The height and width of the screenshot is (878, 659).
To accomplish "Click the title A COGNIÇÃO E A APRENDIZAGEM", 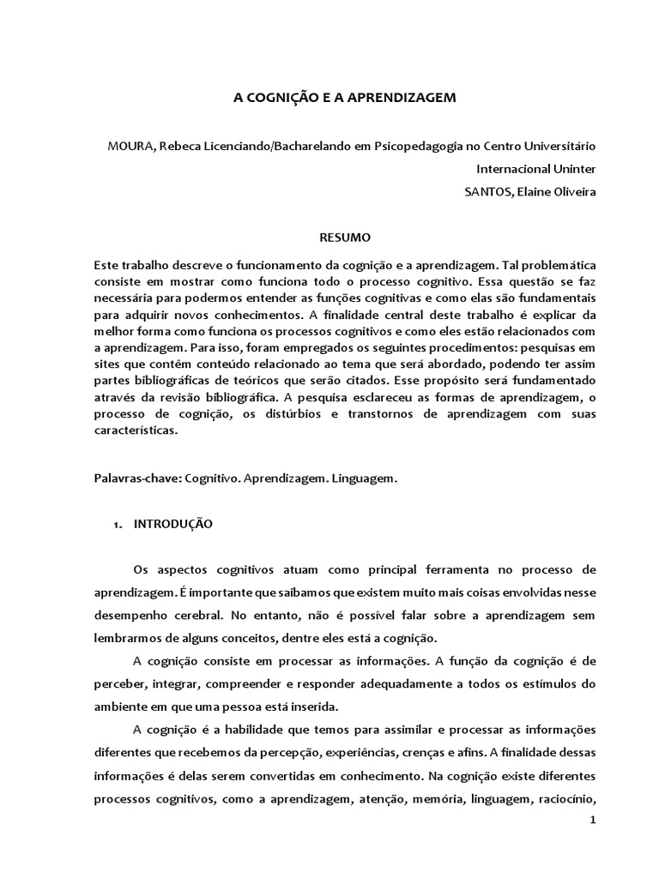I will (334, 98).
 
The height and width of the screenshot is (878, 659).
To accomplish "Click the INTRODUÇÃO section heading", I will (173, 524).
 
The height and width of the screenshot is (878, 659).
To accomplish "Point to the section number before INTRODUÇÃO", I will (117, 524).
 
